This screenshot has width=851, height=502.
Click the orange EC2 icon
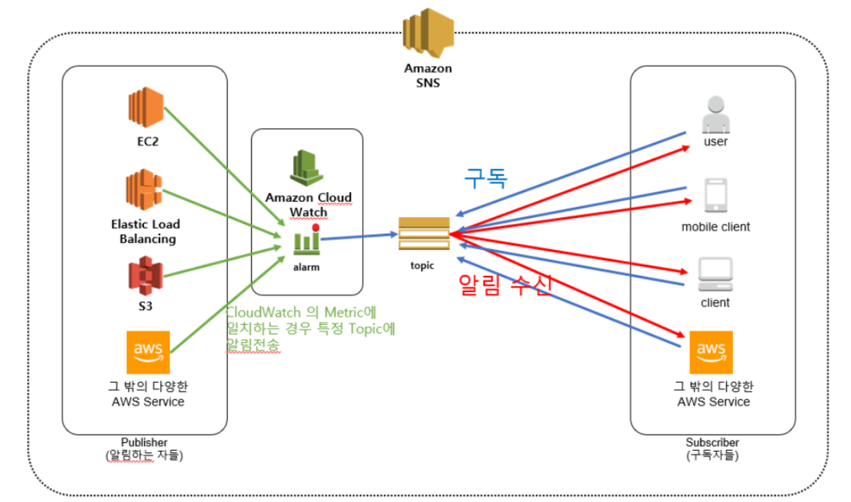[x=146, y=108]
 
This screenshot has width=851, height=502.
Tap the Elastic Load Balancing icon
[x=143, y=191]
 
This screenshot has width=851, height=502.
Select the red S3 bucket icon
[x=145, y=275]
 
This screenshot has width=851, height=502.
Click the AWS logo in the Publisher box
[x=148, y=352]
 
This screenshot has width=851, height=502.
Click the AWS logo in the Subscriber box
[x=711, y=352]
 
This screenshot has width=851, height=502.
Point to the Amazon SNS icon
[x=428, y=33]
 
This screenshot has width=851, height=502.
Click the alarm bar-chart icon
[x=307, y=240]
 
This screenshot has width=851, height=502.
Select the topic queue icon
[x=423, y=234]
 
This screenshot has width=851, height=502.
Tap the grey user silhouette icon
[x=715, y=114]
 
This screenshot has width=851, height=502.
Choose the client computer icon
[x=715, y=274]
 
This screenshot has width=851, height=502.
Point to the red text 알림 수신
[x=505, y=285]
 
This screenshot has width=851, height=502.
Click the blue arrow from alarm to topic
[x=359, y=236]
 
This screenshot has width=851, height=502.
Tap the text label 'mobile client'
[x=715, y=227]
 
